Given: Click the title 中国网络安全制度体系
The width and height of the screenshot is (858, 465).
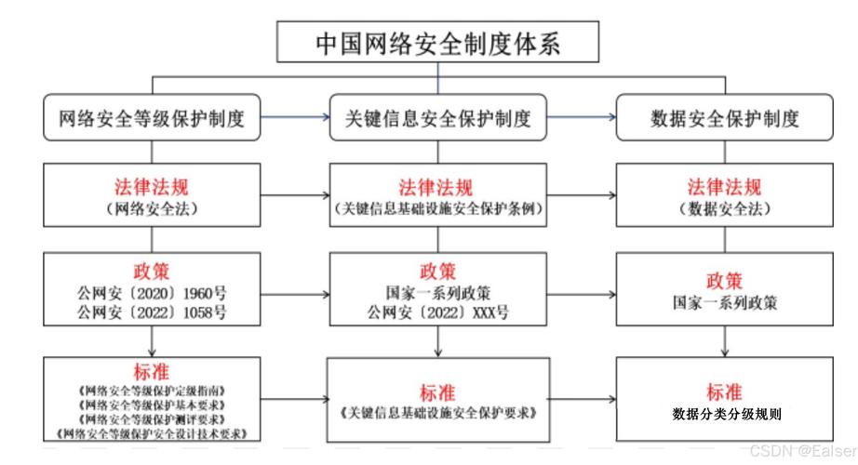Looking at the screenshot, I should coord(437,43).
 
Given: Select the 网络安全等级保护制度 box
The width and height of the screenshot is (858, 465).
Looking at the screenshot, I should coord(152,119).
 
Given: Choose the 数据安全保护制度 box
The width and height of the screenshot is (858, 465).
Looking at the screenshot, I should coord(725,119).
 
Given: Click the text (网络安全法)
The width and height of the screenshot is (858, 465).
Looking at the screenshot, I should coord(153,209).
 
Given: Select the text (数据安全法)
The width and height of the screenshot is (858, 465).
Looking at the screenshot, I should coord(725,209).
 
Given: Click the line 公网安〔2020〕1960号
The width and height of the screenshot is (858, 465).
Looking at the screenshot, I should coord(153,294).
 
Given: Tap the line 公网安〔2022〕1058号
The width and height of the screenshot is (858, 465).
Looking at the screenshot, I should coord(153,312).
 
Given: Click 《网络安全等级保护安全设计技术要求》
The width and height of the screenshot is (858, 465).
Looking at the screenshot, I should coord(153,433).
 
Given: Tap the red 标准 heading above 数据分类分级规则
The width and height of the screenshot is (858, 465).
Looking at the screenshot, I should coord(725,392).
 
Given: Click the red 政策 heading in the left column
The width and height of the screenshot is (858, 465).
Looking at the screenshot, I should coord(153,272).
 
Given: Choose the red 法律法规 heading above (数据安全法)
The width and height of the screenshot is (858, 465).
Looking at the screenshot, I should coord(725,187).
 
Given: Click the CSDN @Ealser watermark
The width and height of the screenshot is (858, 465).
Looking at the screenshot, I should coord(799,452).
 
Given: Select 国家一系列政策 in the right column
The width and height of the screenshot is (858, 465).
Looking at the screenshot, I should coord(725,303).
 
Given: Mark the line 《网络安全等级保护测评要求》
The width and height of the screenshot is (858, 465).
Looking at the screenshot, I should coord(153,419).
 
